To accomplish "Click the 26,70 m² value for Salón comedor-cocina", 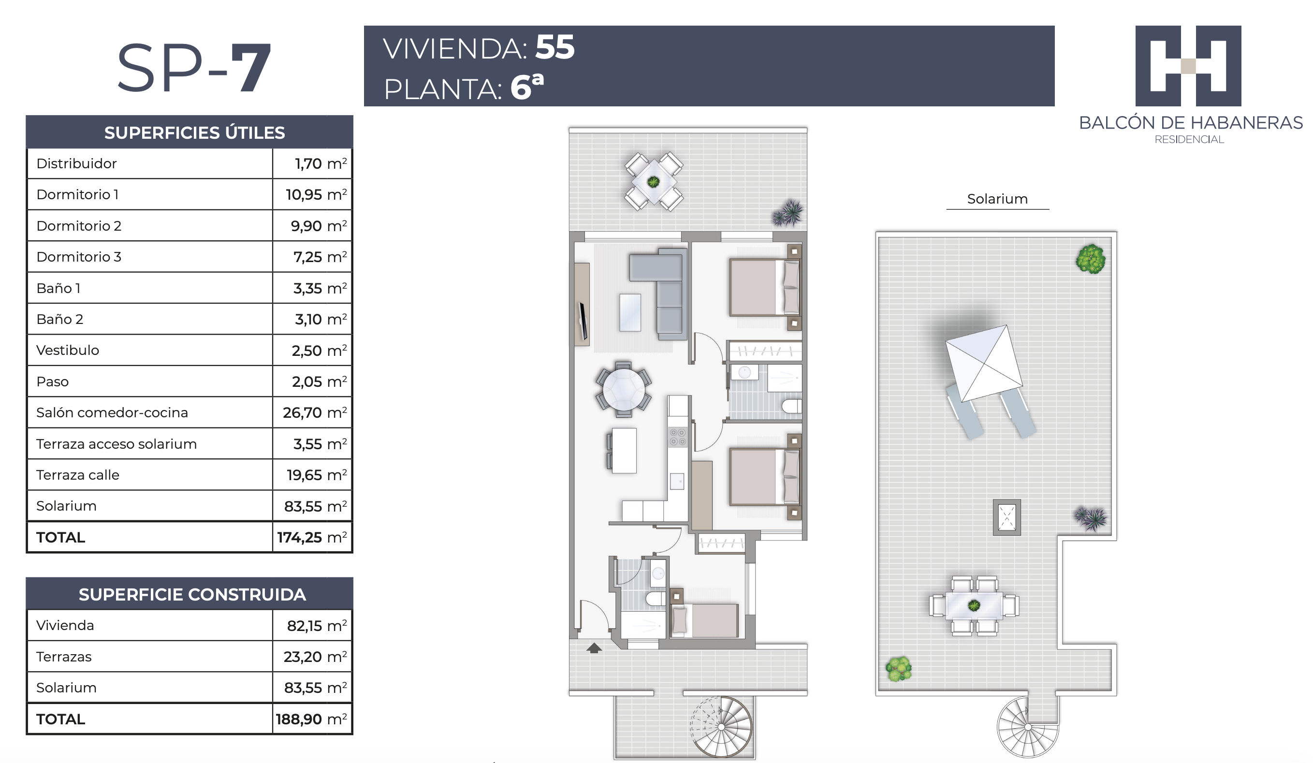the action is tap(315, 412).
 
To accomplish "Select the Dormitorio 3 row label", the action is tap(79, 256).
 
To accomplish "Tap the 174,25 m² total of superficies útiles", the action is tap(312, 537).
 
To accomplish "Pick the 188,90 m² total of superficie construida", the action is tap(311, 719).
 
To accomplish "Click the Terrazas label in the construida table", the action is tap(63, 657).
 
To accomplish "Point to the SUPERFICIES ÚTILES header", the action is tap(194, 132).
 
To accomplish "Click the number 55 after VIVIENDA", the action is tap(555, 47).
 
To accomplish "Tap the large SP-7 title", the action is tap(194, 68).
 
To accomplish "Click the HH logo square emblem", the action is tap(1188, 66).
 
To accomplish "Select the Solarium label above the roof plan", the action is tap(997, 199).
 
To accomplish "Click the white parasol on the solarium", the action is tap(984, 363).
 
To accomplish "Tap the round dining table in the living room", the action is tap(623, 390).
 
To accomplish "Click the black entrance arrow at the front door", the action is tap(594, 648).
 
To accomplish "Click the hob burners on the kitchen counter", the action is tap(677, 437).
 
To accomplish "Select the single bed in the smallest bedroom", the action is tap(704, 620).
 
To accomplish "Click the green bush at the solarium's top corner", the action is tap(1091, 259).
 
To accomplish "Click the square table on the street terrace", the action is tap(654, 181).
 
